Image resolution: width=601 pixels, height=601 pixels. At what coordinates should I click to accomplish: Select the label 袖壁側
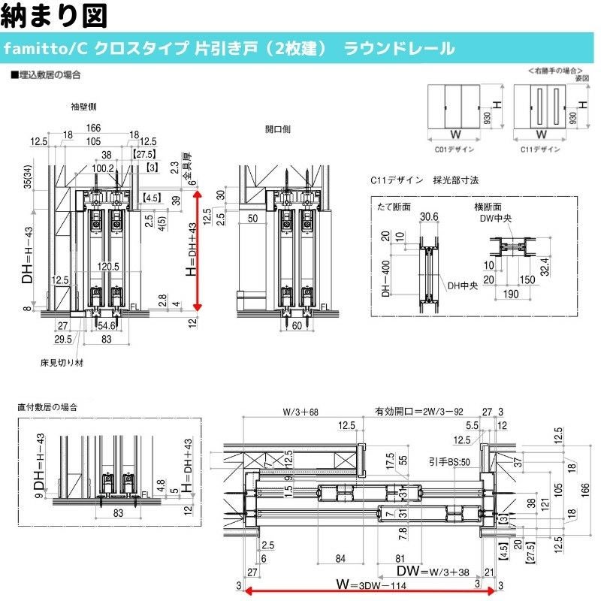coord(80,107)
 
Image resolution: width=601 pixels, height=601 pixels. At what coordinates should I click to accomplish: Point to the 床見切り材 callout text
coord(62,362)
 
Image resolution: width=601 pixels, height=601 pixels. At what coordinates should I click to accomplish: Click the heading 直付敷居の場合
coord(48,406)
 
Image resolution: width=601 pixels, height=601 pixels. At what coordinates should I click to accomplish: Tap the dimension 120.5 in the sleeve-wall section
coord(108,267)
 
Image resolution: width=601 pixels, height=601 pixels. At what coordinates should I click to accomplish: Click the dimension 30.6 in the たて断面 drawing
coord(429,217)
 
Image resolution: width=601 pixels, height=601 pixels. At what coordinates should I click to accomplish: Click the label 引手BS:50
coord(448,461)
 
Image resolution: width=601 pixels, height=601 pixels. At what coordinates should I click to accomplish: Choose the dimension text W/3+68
coord(300,411)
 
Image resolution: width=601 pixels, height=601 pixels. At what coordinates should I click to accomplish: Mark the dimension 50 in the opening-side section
coord(252,219)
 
